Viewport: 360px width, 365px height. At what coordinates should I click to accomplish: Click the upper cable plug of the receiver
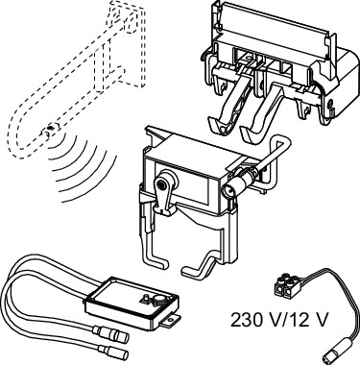coord(114,334)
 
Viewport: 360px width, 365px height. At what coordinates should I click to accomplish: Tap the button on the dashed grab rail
coord(50,129)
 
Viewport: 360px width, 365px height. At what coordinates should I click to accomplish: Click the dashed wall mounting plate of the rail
coord(127,45)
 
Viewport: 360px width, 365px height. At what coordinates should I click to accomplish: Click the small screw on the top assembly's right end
coord(330,103)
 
